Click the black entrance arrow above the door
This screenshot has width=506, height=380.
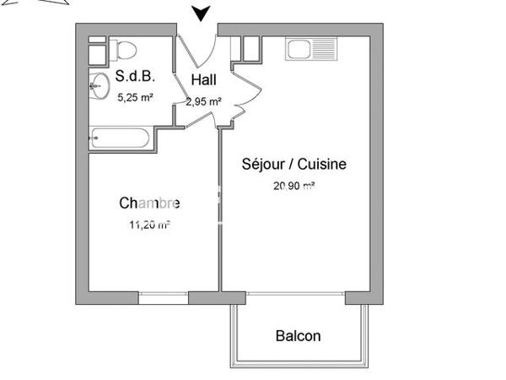[201, 13]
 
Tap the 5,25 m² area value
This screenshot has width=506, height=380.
[135, 98]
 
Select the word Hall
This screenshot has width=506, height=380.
[204, 80]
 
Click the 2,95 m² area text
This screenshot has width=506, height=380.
[204, 101]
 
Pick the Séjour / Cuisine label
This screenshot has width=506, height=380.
[293, 164]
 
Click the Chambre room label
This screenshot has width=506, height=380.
[149, 203]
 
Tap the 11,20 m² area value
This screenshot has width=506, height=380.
[148, 224]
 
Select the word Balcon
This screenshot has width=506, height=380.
[299, 335]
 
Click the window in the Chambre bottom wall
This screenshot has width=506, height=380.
[163, 297]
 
